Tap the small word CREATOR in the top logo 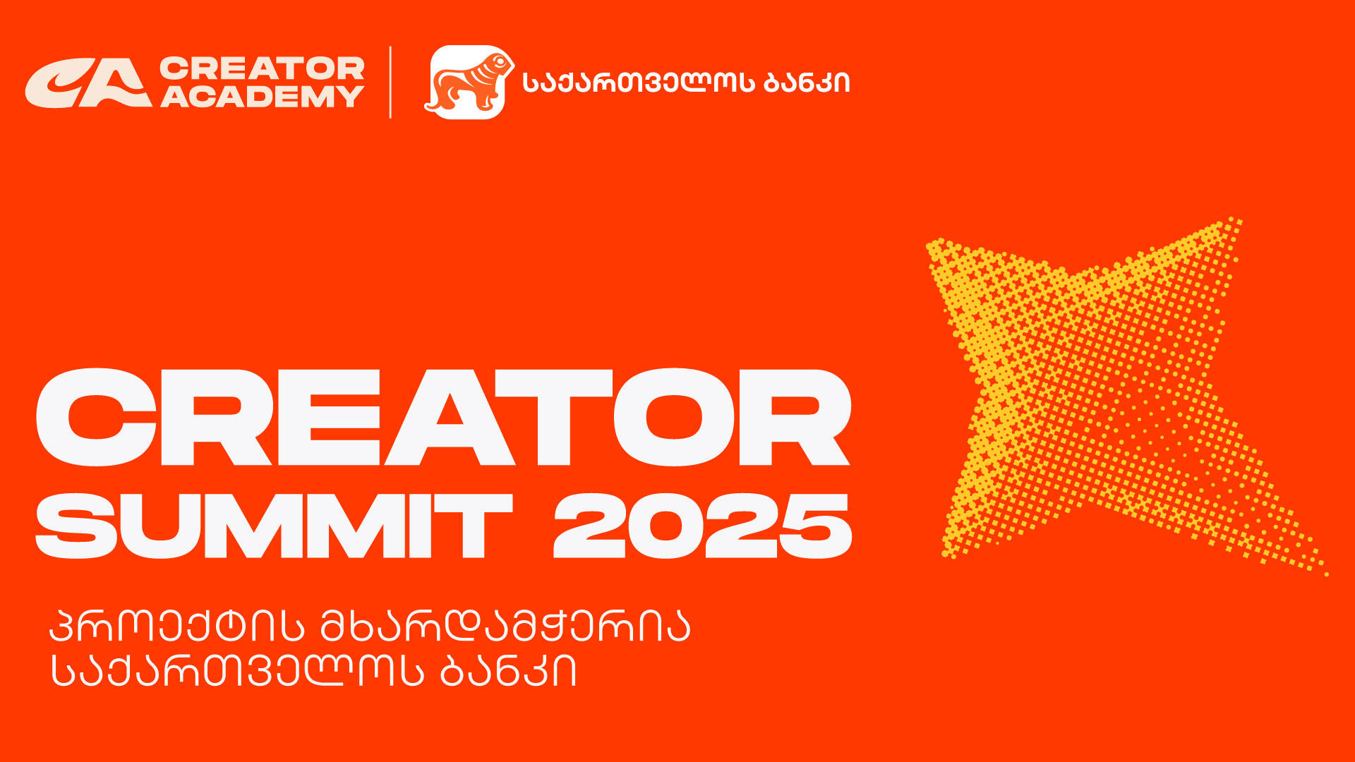click(262, 68)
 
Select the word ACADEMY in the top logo click(262, 97)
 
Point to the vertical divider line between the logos click(390, 82)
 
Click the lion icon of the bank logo click(467, 83)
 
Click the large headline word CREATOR click(443, 418)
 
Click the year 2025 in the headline click(702, 526)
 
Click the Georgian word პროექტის click(176, 626)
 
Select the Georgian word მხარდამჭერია click(505, 626)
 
